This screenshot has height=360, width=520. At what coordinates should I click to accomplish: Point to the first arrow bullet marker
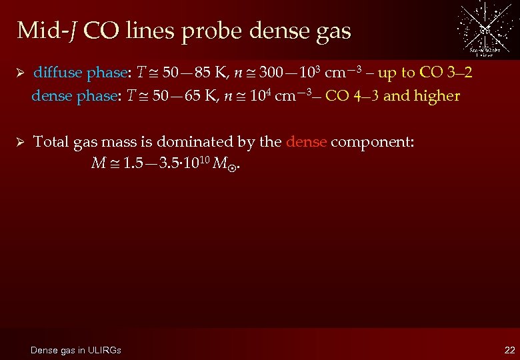(x=21, y=73)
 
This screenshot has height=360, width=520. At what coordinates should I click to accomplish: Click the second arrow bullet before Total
(x=21, y=141)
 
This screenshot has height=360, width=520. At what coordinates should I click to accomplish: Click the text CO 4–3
(x=353, y=96)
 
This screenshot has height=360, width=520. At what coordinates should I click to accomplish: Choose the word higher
(x=437, y=96)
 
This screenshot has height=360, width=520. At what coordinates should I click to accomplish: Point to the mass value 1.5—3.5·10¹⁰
(x=163, y=162)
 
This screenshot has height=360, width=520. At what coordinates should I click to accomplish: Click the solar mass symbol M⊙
(x=224, y=163)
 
